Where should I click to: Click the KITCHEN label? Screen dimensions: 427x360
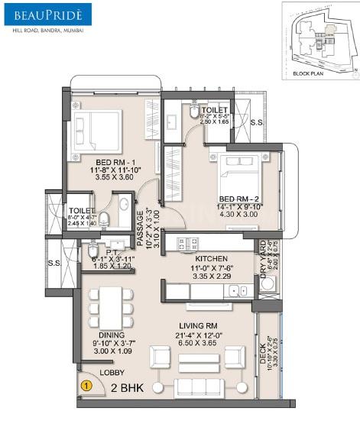208,259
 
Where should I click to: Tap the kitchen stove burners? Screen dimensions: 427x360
186,244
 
